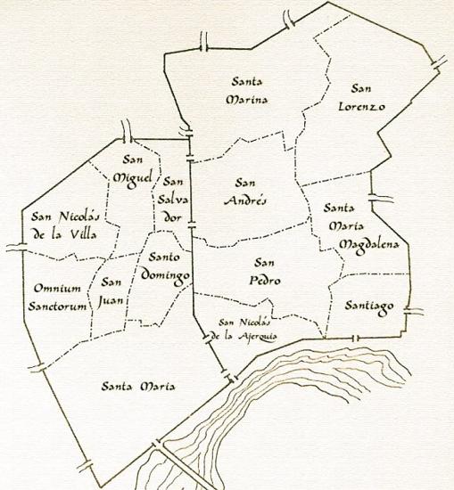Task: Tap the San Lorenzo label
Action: coord(359,97)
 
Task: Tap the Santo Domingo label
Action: coord(168,265)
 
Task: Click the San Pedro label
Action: coord(262,271)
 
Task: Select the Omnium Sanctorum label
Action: coord(60,297)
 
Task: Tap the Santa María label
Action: coord(137,386)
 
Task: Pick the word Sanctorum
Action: coord(60,306)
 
